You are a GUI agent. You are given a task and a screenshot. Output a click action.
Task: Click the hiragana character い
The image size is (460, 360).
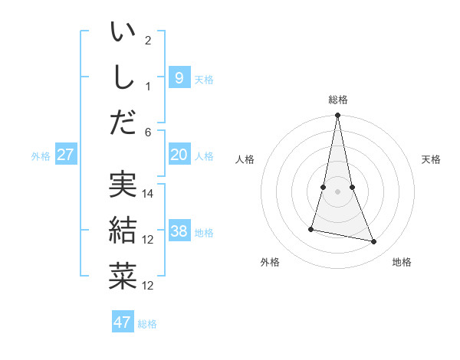coord(123,34)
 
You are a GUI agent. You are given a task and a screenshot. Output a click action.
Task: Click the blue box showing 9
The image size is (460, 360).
coord(179,77)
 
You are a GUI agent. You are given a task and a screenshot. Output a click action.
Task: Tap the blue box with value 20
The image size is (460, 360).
coord(179,155)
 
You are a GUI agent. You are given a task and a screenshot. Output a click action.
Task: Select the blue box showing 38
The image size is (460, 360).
coord(179,231)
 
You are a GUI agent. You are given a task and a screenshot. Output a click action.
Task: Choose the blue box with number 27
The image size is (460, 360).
coord(65,155)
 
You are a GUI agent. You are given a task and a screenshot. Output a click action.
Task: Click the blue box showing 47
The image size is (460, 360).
coord(123,322)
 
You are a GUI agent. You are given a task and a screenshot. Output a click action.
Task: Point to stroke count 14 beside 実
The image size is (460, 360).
coord(149,194)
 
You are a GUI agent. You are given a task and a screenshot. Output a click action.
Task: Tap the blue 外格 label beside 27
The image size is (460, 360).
coord(41,156)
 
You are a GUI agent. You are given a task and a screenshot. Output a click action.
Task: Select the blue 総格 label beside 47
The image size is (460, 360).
coord(147,324)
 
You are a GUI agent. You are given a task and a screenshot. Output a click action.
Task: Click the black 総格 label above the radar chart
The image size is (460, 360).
coord(337,100)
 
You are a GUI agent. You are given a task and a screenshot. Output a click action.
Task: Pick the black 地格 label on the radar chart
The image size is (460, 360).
coord(402,262)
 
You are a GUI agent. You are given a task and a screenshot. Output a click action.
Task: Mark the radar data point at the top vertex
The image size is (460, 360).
coord(337,116)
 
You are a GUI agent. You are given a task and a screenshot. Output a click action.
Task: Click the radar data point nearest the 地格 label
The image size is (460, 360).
coord(374,242)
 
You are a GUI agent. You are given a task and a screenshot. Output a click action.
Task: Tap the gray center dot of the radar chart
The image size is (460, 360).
coord(337,191)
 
